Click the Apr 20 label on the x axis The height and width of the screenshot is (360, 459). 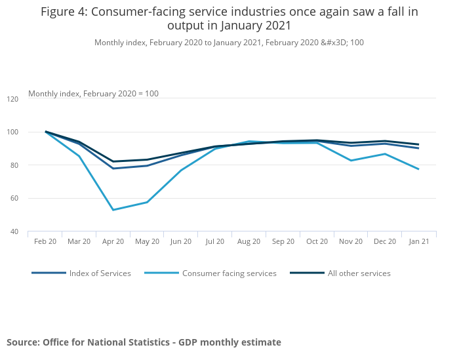click(113, 241)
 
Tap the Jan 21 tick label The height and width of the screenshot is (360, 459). click(419, 241)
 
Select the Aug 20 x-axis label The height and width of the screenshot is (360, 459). click(249, 241)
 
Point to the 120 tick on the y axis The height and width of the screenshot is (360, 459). click(12, 99)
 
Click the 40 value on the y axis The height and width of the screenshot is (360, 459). click(14, 231)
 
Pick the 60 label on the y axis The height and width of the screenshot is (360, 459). click(14, 198)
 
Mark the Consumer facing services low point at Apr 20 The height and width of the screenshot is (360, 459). click(113, 210)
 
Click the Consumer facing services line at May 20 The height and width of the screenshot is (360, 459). click(148, 202)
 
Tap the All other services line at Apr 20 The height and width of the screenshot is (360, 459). click(113, 161)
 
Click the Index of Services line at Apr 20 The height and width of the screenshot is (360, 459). click(113, 169)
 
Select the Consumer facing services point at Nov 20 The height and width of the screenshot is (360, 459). click(351, 161)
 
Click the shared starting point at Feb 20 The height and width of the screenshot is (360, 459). click(46, 132)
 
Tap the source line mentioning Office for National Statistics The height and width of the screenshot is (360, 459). click(144, 342)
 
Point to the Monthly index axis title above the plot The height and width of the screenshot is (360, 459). click(93, 94)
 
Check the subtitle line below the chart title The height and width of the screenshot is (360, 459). click(229, 43)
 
